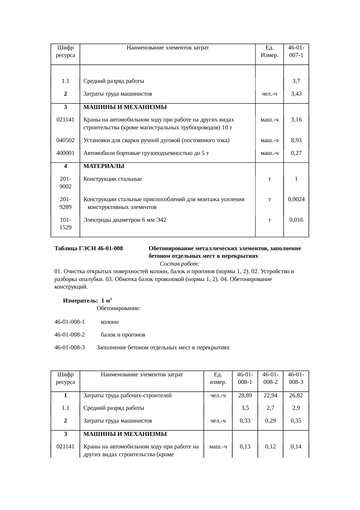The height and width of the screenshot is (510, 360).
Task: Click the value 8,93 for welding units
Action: click(296, 140)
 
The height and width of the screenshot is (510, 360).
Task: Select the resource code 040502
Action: click(65, 140)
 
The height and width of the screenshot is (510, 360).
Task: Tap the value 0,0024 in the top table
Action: click(296, 199)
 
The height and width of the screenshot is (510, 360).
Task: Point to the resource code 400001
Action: click(65, 153)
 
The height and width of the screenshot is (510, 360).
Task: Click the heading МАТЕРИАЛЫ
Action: click(104, 166)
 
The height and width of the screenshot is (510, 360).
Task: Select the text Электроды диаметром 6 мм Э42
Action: click(125, 220)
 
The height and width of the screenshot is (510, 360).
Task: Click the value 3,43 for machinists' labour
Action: click(296, 94)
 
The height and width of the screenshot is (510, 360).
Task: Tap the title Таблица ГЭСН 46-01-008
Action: click(89, 249)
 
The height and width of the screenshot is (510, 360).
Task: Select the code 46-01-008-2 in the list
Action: click(69, 335)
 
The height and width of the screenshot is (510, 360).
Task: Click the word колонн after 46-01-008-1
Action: click(109, 322)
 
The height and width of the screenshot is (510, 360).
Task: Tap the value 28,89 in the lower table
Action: click(245, 396)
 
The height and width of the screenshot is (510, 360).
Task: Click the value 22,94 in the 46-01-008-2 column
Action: click(270, 396)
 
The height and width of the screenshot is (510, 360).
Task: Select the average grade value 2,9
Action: click(296, 408)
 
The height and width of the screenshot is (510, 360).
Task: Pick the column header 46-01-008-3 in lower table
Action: click(296, 378)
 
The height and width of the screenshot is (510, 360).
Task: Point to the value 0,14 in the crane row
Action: click(296, 447)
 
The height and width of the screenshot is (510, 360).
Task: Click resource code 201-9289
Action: click(65, 203)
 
